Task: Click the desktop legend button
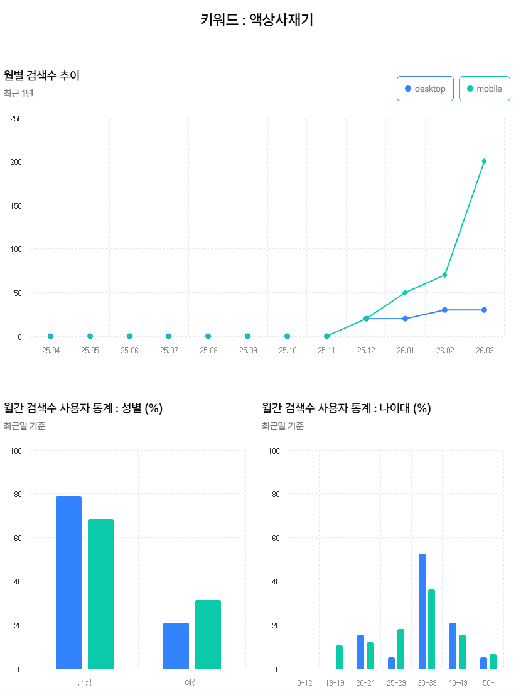click(425, 89)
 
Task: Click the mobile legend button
click(484, 89)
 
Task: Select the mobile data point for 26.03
click(484, 161)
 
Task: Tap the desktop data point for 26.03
click(484, 310)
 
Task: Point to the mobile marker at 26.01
click(405, 292)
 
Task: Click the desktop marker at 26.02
click(444, 310)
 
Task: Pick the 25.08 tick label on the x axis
click(208, 350)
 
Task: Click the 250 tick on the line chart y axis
click(16, 118)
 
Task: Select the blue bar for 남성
click(68, 582)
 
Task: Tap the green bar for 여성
click(208, 634)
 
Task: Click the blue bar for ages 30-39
click(422, 611)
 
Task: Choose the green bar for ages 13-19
click(339, 657)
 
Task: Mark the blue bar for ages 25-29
click(391, 663)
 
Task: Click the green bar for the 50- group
click(493, 662)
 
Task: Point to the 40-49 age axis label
click(458, 682)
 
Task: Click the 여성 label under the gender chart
click(191, 682)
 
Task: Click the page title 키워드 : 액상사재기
click(257, 20)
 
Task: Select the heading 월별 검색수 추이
click(41, 76)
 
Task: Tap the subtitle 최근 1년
click(18, 94)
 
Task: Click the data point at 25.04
click(51, 336)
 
